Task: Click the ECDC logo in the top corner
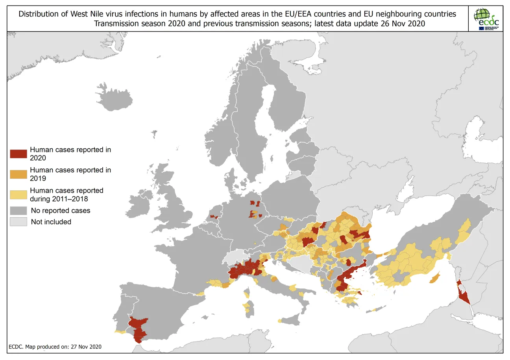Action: pyautogui.click(x=486, y=18)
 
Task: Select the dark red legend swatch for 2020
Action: pyautogui.click(x=18, y=154)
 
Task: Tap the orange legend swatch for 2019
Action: pyautogui.click(x=18, y=174)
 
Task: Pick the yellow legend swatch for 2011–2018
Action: pyautogui.click(x=18, y=194)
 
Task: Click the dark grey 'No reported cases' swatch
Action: pyautogui.click(x=18, y=210)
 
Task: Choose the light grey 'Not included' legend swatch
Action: pyautogui.click(x=18, y=222)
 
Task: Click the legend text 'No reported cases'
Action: pyautogui.click(x=60, y=210)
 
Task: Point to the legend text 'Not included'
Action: pyautogui.click(x=51, y=222)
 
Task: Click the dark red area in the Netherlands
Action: pyautogui.click(x=214, y=216)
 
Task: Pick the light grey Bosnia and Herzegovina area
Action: pyautogui.click(x=305, y=264)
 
